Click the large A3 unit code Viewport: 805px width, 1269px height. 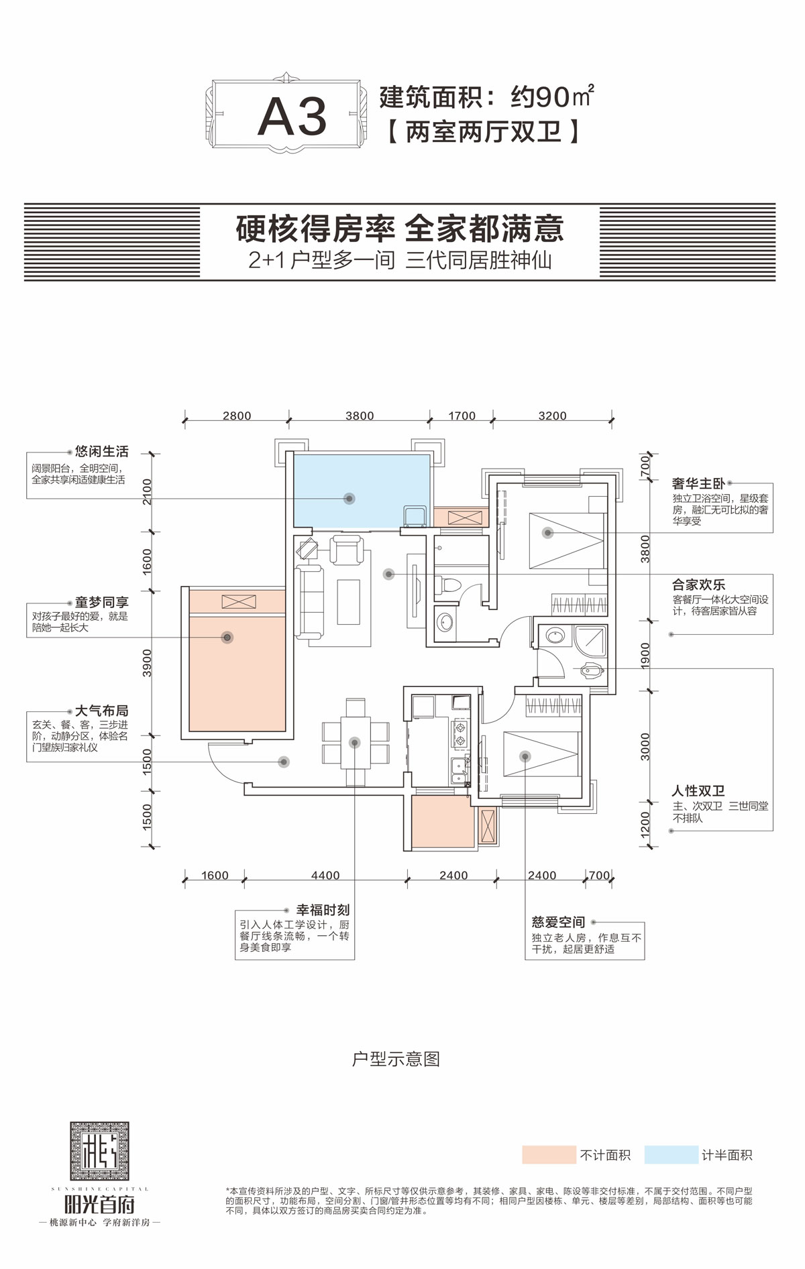coord(292,117)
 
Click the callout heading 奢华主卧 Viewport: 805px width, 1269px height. coord(698,483)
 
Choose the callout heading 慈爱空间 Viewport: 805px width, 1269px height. coord(558,922)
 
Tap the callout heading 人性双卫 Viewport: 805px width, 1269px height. coord(698,791)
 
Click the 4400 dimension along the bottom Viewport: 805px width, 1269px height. coord(325,875)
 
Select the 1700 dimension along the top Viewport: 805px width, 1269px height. coord(462,416)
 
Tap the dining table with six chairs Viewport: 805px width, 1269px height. coord(355,741)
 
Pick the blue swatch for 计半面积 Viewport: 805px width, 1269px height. coord(671,1155)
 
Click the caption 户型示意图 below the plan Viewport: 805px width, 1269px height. coord(396,1059)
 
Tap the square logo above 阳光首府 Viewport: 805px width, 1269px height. coord(99,1152)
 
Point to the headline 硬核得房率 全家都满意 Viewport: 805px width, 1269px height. coord(400,229)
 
